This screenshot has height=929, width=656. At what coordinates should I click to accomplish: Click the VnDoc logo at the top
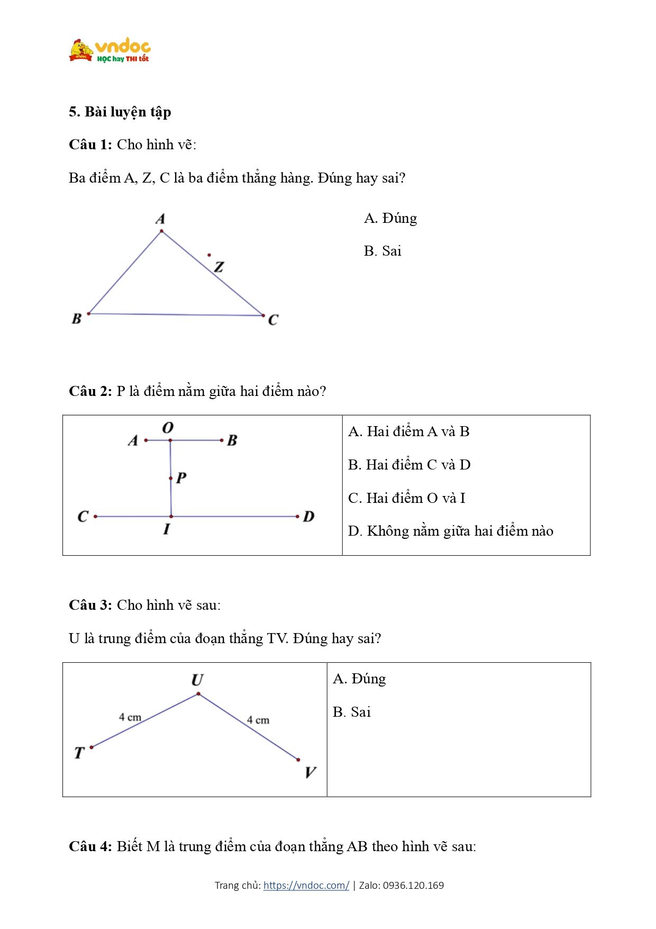[110, 51]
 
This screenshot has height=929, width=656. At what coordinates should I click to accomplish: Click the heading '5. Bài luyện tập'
[120, 112]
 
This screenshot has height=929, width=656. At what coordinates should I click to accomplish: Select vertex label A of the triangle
[160, 219]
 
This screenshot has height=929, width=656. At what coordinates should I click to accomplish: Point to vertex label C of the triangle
[273, 320]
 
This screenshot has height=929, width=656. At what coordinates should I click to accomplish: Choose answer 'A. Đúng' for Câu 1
[390, 218]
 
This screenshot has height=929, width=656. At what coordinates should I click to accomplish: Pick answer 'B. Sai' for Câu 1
[382, 251]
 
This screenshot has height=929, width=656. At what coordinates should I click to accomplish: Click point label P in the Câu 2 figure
[181, 477]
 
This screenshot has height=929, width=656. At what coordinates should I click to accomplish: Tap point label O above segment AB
[168, 428]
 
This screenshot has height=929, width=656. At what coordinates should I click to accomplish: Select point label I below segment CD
[167, 529]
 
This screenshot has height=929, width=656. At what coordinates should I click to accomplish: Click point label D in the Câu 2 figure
[308, 517]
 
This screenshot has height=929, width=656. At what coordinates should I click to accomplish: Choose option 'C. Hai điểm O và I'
[407, 498]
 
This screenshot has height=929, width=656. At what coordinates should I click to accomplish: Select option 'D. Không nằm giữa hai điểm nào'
[451, 531]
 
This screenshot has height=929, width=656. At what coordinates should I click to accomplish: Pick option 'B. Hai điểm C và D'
[409, 465]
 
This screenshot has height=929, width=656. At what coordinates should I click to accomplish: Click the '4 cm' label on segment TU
[130, 717]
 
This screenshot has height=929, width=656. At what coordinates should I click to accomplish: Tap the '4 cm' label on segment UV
[258, 720]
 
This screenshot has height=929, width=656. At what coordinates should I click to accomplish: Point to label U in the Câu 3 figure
[197, 680]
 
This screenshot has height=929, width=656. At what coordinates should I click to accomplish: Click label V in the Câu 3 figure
[310, 772]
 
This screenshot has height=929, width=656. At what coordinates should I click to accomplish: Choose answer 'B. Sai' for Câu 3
[352, 712]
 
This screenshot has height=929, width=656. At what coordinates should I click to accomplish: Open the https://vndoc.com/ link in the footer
[306, 885]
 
